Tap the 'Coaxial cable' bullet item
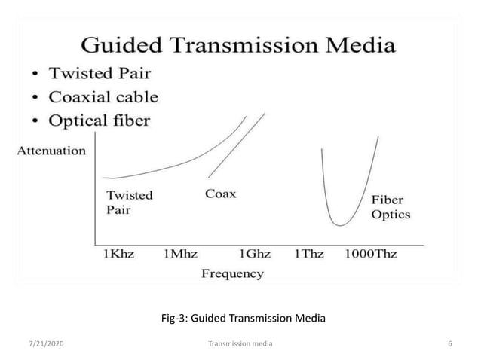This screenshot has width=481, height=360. (103, 97)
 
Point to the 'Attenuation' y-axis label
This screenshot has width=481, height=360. (51, 151)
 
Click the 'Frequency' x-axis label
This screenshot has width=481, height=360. (232, 273)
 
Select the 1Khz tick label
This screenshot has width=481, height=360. (118, 254)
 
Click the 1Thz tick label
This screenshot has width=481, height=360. (309, 254)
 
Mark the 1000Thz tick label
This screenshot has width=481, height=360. (370, 254)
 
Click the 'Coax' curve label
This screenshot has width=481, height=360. (220, 194)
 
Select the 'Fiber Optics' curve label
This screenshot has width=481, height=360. (390, 207)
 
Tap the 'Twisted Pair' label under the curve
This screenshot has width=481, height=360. (129, 202)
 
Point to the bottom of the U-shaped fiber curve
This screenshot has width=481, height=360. (342, 224)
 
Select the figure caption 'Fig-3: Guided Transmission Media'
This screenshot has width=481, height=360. (244, 319)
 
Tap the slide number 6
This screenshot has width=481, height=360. (449, 343)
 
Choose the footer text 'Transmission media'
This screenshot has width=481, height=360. (240, 343)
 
